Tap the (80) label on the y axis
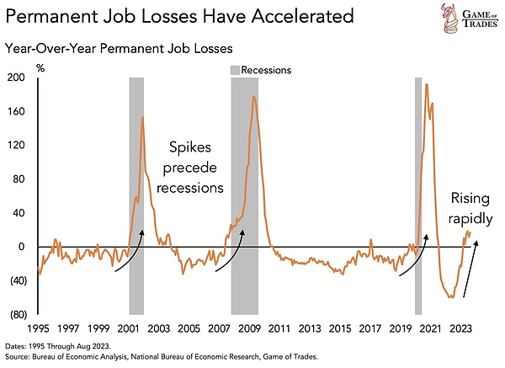pyautogui.click(x=14, y=314)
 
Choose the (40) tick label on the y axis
pyautogui.click(x=14, y=280)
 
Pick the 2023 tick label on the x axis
pyautogui.click(x=461, y=328)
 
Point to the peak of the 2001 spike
pyautogui.click(x=142, y=116)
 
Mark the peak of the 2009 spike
pyautogui.click(x=253, y=98)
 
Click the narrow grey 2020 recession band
pyautogui.click(x=417, y=194)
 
